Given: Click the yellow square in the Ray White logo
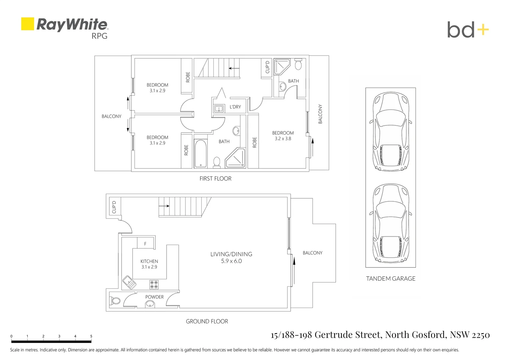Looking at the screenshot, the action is tap(28, 24).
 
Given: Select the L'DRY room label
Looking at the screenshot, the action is tap(235, 107).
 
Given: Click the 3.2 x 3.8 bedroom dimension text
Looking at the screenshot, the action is tap(283, 138).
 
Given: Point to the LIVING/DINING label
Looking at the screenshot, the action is tap(231, 254).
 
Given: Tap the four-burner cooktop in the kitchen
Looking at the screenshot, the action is tap(154, 285).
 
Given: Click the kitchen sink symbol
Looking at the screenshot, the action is tap(129, 282).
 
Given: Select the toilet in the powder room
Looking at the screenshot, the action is tap(115, 301).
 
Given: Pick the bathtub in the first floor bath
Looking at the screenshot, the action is tap(201, 154).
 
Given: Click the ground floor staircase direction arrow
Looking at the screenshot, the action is tap(164, 206).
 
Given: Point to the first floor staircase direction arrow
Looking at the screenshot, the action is tap(234, 68).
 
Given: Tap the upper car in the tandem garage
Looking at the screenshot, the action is tap(391, 131).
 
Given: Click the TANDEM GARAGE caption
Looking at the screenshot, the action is tap(391, 278).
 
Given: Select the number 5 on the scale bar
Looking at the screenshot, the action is tap(91, 336).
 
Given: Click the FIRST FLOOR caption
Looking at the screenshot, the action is tap(215, 179).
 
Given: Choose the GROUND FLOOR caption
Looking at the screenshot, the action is tap(207, 321).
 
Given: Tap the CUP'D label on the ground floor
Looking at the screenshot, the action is tap(114, 207).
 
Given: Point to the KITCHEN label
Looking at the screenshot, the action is tap(149, 261).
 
